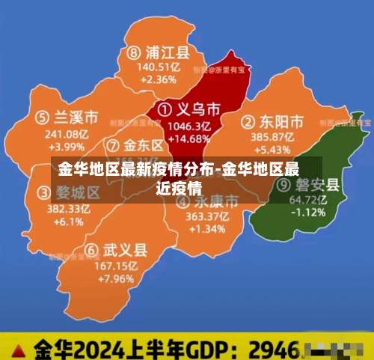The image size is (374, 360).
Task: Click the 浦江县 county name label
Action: pyautogui.click(x=167, y=53)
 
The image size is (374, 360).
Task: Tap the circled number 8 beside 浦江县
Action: pyautogui.click(x=134, y=53)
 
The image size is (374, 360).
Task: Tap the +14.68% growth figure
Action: pyautogui.click(x=191, y=138)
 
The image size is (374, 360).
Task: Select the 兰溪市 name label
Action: pyautogui.click(x=76, y=118)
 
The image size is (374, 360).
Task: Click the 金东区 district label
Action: pyautogui.click(x=143, y=144)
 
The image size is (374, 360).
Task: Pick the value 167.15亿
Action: pyautogui.click(x=117, y=266)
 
